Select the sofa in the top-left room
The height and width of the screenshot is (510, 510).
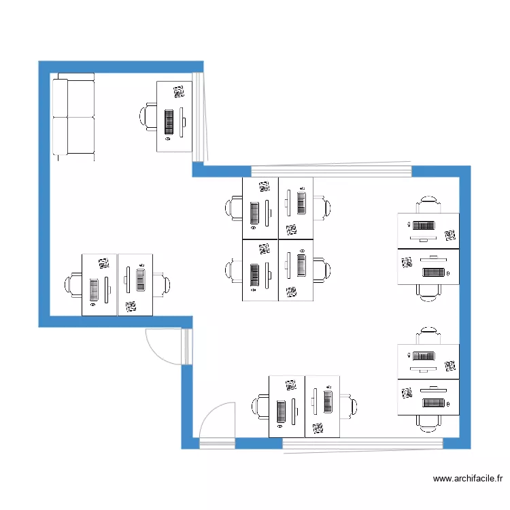[73, 116]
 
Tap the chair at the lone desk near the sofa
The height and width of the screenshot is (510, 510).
[150, 116]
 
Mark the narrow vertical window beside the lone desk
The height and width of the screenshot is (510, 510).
[198, 117]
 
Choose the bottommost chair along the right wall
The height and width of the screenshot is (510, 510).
[428, 423]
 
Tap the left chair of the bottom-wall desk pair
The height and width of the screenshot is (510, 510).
[261, 407]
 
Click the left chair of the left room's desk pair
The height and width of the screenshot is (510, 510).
[73, 284]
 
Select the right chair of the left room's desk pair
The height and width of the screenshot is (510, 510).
[162, 284]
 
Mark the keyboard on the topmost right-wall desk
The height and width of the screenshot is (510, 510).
[423, 225]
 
